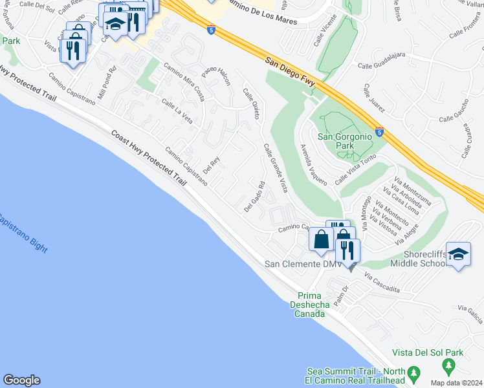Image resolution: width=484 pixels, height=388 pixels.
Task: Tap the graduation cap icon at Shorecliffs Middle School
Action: pyautogui.click(x=458, y=253)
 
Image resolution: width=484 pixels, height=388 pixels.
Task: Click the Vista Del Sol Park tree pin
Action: pyautogui.click(x=448, y=367)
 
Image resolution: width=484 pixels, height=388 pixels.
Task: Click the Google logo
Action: pyautogui.click(x=21, y=380)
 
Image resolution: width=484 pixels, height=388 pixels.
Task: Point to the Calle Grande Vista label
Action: pyautogui.click(x=275, y=167)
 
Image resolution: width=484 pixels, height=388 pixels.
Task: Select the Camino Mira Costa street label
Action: pyautogui.click(x=184, y=83)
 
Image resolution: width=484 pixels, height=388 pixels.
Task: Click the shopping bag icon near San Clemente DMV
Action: pyautogui.click(x=321, y=239)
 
